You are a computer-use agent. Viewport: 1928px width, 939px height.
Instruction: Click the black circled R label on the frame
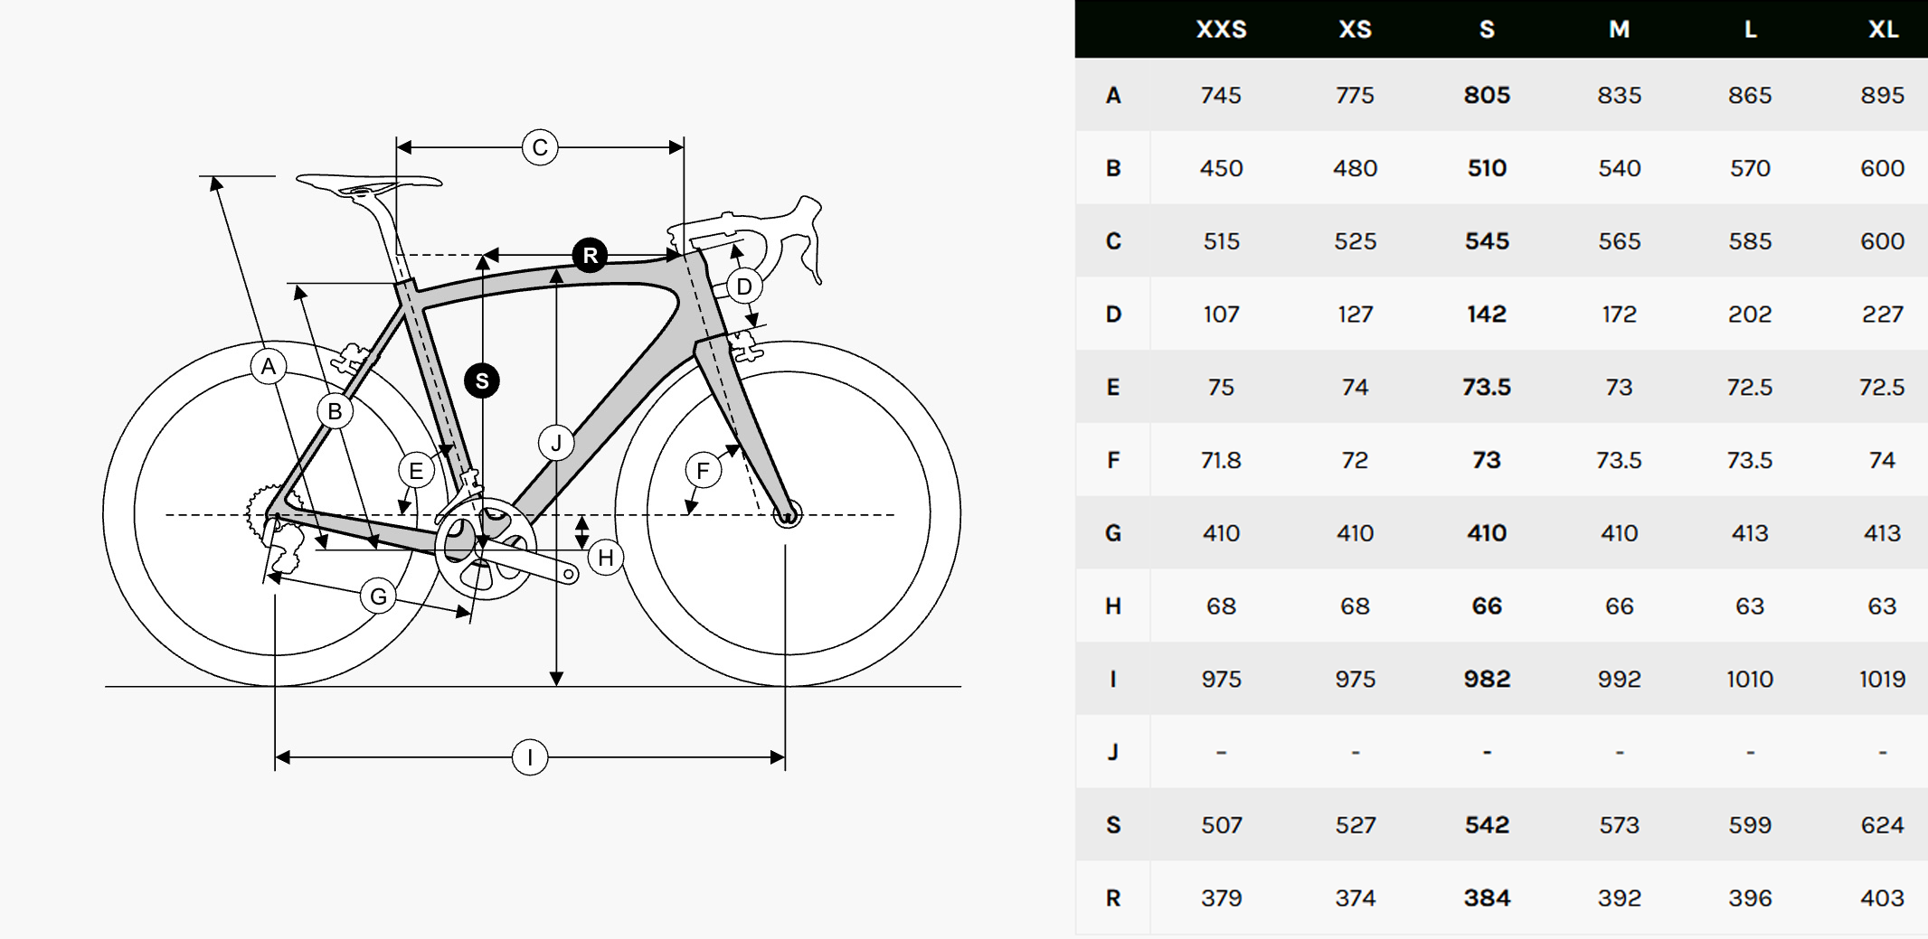pos(590,256)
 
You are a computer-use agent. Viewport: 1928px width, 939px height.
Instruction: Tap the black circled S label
pos(482,380)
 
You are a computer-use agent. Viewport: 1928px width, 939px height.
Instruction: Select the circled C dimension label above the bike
pos(540,147)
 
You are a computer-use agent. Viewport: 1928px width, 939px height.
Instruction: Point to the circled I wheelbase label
pos(530,757)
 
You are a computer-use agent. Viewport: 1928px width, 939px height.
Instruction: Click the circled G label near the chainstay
pos(378,596)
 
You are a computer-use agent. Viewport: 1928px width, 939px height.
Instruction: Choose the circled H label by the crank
pos(605,558)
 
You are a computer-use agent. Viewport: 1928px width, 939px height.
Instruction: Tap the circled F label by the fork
pos(703,470)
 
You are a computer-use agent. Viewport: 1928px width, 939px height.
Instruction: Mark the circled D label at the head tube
pos(744,286)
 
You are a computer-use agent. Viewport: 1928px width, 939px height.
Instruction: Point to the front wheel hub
pos(787,515)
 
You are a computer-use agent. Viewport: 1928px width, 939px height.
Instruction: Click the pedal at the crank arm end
pos(570,574)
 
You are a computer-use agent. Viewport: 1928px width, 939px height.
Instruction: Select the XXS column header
pos(1221,30)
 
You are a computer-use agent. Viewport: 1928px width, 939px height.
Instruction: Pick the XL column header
pos(1883,30)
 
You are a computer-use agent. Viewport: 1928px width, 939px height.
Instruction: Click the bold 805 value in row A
pos(1487,95)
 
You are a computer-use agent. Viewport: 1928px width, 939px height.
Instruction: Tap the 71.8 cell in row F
pos(1221,460)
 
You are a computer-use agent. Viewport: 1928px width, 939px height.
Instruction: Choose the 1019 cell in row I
pos(1882,679)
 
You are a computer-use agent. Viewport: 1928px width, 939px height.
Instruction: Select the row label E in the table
pos(1113,387)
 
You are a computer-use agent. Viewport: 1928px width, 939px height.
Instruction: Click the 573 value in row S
pos(1619,824)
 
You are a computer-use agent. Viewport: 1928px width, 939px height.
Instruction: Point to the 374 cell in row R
pos(1355,897)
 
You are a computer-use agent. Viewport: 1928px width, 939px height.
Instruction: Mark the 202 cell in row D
pos(1750,314)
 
